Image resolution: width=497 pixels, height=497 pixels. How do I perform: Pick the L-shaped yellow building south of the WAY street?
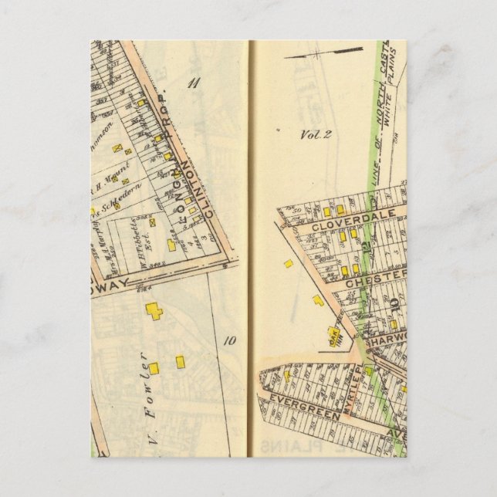154,311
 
